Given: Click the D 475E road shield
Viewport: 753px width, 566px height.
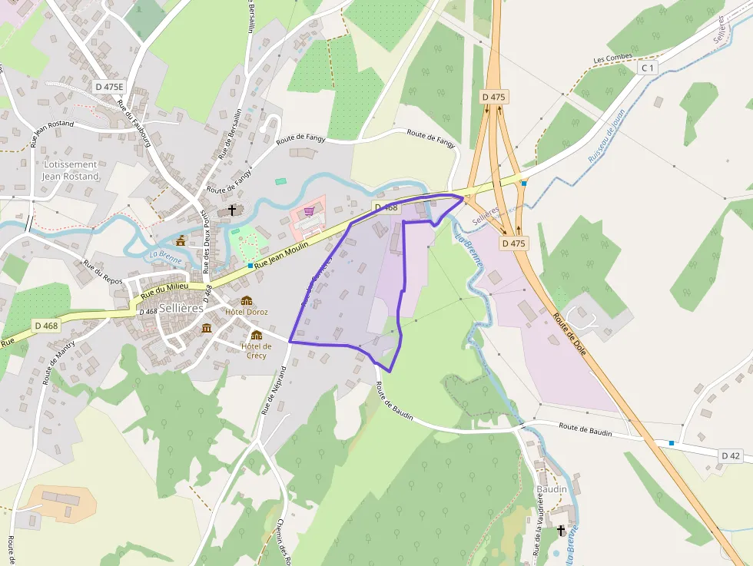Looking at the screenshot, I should (109, 87).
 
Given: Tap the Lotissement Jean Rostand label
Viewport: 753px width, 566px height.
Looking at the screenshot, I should (71, 170).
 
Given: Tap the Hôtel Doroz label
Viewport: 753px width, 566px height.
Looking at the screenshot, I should (247, 312).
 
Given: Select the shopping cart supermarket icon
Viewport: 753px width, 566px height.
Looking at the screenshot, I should (309, 211).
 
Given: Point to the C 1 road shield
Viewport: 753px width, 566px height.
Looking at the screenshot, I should (649, 68).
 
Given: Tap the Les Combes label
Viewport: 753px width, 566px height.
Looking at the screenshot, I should (612, 58).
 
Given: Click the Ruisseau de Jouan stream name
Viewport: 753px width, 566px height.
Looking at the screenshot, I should (607, 134).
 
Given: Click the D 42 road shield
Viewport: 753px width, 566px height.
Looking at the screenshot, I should (730, 455).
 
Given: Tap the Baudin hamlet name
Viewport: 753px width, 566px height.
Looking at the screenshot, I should (552, 489).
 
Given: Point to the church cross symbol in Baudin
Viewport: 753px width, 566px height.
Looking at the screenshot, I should (561, 530).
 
